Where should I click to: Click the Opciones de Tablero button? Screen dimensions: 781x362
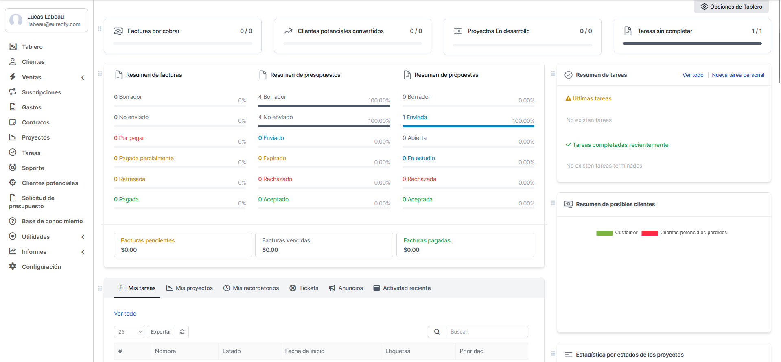click(731, 7)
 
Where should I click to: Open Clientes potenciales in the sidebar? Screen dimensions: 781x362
click(50, 183)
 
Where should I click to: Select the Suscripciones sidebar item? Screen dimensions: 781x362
click(41, 92)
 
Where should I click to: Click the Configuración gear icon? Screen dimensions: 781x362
click(13, 266)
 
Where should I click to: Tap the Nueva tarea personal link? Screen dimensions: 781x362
click(738, 75)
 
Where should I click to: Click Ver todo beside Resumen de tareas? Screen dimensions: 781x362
click(693, 75)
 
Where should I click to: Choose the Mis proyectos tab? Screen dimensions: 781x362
click(189, 288)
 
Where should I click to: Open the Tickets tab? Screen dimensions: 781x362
click(304, 288)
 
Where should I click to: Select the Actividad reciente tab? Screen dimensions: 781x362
click(402, 288)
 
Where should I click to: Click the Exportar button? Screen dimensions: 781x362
click(161, 332)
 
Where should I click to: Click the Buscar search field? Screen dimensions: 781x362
click(487, 332)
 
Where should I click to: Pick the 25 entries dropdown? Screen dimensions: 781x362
click(129, 332)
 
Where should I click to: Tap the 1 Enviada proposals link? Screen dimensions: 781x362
click(415, 117)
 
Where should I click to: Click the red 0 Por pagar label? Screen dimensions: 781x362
click(129, 138)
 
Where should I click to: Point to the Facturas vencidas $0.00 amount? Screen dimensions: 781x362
click(270, 250)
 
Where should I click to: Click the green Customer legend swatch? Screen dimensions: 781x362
click(604, 233)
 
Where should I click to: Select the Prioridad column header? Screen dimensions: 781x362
click(472, 351)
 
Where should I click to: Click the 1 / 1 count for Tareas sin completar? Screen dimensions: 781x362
click(757, 31)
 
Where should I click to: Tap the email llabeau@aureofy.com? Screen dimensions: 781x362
click(54, 24)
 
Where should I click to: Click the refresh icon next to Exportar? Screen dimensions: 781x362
click(182, 332)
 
